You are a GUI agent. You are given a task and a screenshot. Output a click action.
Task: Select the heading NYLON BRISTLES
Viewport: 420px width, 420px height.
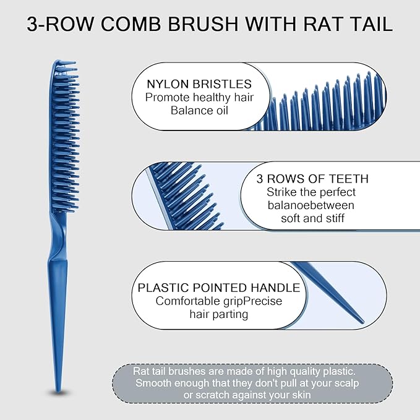click(x=199, y=84)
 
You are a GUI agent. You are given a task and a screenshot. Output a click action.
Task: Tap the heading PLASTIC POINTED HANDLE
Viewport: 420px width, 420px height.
click(x=219, y=288)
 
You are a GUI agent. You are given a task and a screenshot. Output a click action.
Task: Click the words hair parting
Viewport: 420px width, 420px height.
click(x=218, y=314)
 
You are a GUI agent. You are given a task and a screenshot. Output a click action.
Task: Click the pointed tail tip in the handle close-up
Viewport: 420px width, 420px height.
click(x=362, y=321)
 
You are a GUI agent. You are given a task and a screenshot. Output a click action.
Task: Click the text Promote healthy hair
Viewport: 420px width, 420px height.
click(x=199, y=97)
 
